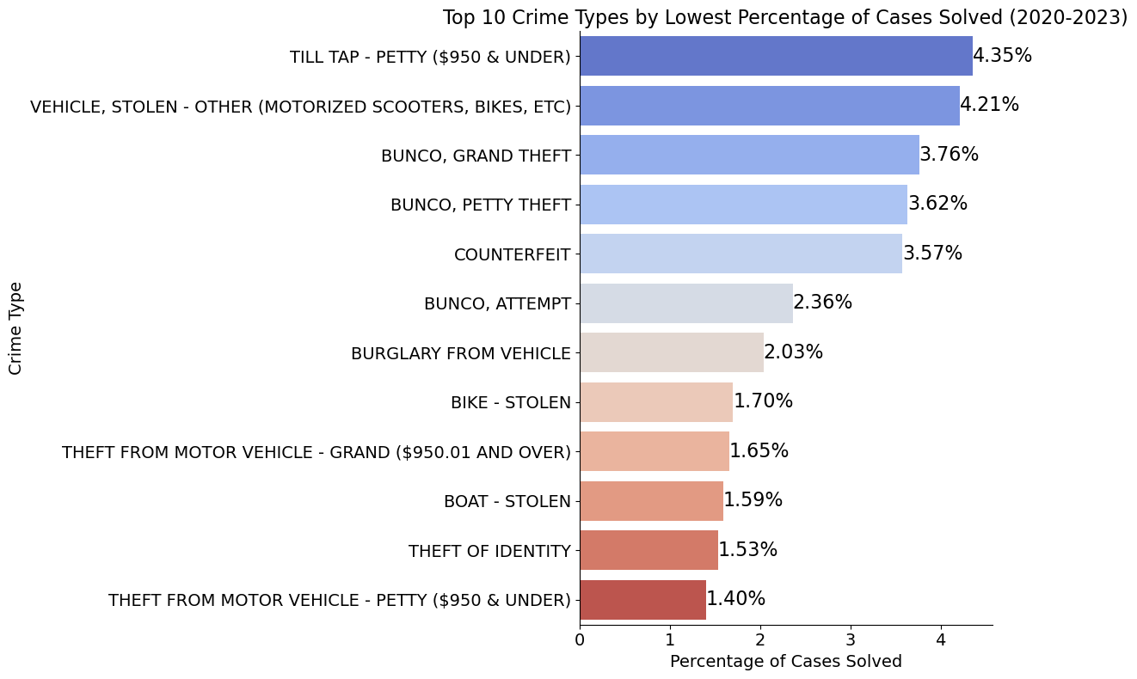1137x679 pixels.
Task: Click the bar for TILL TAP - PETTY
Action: [x=776, y=56]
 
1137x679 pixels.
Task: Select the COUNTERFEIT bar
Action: [x=741, y=254]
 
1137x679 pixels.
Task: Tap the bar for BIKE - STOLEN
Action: [x=656, y=402]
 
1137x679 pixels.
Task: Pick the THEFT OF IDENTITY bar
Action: [x=648, y=550]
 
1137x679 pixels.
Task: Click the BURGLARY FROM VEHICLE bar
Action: [x=672, y=352]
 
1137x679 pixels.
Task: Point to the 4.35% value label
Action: [x=1002, y=56]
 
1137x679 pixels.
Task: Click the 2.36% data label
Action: [x=822, y=303]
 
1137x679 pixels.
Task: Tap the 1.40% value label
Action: [x=735, y=599]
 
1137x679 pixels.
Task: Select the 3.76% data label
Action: [x=949, y=155]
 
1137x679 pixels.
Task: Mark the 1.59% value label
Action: [x=753, y=500]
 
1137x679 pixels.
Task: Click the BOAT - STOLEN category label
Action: [x=507, y=502]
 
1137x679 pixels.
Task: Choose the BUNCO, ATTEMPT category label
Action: [x=497, y=304]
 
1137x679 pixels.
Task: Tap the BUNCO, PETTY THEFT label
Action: [x=480, y=205]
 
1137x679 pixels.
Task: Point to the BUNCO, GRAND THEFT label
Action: [x=476, y=156]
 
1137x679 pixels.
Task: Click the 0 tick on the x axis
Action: [x=580, y=639]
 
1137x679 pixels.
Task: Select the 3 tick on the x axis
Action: [x=851, y=639]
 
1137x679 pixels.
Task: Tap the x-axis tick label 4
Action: [x=941, y=639]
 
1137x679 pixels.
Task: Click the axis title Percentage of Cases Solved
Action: [x=785, y=662]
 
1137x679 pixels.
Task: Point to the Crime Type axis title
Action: [x=16, y=328]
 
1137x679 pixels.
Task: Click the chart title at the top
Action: [x=784, y=17]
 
